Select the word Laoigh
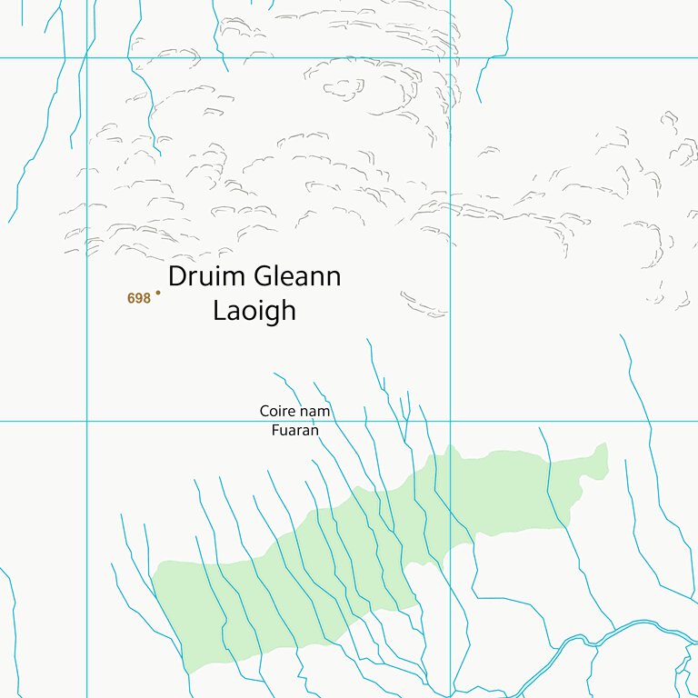click(254, 310)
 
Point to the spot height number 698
click(138, 298)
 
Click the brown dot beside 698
click(158, 293)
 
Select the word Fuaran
click(294, 430)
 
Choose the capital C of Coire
click(264, 412)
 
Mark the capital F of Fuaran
click(274, 430)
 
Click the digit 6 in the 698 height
click(132, 298)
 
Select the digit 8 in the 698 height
click(145, 298)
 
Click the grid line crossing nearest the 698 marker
click(86, 421)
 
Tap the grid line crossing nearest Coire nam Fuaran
click(450, 421)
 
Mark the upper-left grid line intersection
click(86, 58)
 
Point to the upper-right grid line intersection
click(450, 58)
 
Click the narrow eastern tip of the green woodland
click(601, 449)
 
